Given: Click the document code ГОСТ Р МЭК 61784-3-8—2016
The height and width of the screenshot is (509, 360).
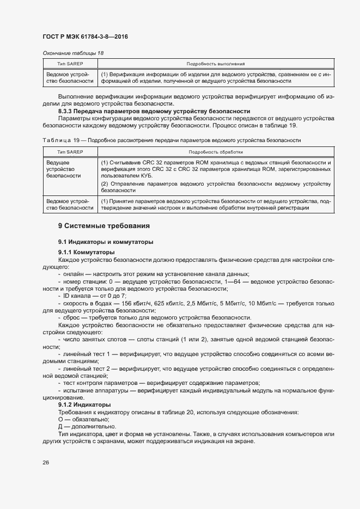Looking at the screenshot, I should point(86,36).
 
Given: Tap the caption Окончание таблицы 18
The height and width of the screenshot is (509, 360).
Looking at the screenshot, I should point(72,53).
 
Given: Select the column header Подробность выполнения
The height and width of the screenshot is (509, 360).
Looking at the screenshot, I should point(216,64).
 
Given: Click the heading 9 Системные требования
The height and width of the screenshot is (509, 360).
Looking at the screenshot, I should point(104,226).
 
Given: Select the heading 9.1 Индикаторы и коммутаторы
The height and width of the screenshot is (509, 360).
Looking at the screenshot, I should point(106,241).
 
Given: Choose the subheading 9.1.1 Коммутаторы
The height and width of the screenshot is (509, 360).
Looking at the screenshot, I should point(86,252).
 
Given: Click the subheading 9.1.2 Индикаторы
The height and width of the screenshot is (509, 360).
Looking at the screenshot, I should point(84,405).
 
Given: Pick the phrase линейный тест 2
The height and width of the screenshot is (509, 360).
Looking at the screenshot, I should point(87,369).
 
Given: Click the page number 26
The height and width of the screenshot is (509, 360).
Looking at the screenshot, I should point(46,463).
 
